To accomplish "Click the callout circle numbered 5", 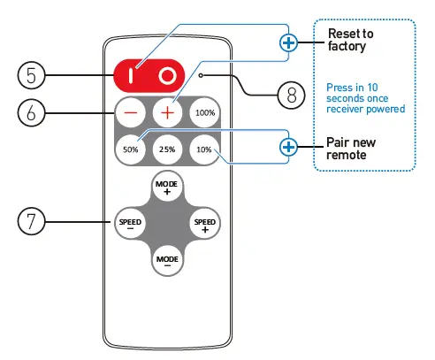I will pos(31,76).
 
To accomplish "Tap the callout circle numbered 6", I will pos(31,112).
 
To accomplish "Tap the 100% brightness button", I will pos(205,113).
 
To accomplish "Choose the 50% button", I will pos(131,149).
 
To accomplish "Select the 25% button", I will pos(167,149).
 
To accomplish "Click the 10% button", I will pos(204,149).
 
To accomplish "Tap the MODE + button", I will pos(166,186).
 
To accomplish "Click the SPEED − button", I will pos(130,222).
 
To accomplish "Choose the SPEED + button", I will pos(204,222).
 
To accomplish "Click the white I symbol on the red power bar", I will pos(131,76).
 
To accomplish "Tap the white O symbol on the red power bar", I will pos(166,76).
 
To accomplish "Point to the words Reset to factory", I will pos(351,40).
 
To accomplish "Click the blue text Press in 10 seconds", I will pos(365,97).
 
